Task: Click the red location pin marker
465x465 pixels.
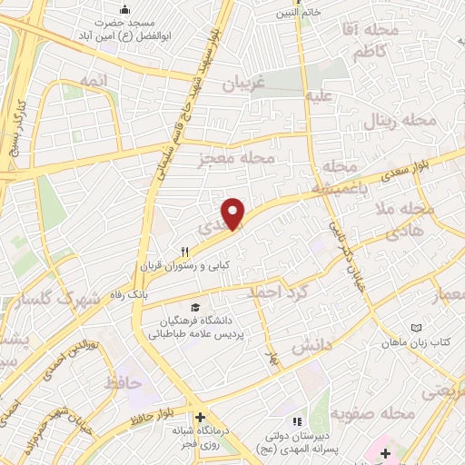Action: [x=234, y=213]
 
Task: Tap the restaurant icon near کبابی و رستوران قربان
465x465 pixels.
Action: [x=184, y=252]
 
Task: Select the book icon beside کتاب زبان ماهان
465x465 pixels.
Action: [x=416, y=327]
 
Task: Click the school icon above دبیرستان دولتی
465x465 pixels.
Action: [x=295, y=421]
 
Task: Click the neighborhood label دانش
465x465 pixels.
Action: [x=306, y=347]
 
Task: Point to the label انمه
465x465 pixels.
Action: [x=94, y=81]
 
